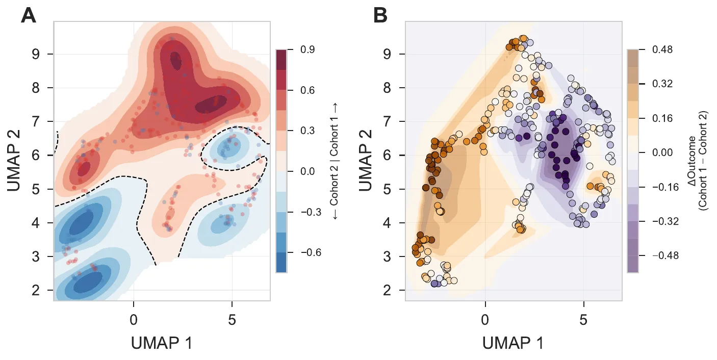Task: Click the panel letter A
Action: click(x=29, y=15)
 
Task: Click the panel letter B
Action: click(x=380, y=15)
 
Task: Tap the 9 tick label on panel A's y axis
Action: click(x=36, y=54)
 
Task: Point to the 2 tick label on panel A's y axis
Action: click(x=36, y=290)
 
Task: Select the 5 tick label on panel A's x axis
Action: click(x=232, y=320)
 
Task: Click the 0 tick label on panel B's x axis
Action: click(x=485, y=320)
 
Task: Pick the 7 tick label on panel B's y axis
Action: click(x=387, y=121)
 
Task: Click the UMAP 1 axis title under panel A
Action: click(x=162, y=343)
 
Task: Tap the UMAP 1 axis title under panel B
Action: click(x=514, y=343)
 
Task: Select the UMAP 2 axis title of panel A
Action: click(x=14, y=161)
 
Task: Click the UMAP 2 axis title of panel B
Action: click(x=365, y=161)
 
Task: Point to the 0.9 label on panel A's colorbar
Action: click(x=308, y=49)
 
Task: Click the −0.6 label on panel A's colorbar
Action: click(x=311, y=252)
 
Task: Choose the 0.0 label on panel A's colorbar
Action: click(x=308, y=171)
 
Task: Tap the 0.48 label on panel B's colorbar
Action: click(x=662, y=49)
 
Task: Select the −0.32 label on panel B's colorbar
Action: click(x=665, y=221)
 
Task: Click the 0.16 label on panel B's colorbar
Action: click(x=662, y=118)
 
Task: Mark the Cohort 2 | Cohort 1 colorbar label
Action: click(x=335, y=161)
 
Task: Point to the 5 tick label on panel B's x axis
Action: click(x=583, y=320)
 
